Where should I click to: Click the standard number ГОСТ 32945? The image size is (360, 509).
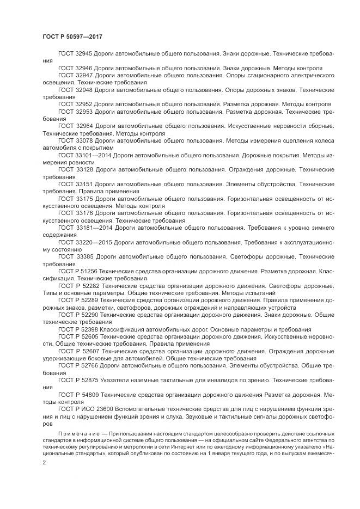76,55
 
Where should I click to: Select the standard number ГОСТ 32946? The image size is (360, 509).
76,68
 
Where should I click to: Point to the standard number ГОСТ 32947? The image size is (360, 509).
76,75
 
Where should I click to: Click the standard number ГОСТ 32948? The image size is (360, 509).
76,88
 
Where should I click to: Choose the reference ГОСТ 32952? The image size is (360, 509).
76,103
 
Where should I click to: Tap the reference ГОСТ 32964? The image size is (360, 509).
76,126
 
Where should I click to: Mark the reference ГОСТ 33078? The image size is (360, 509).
76,140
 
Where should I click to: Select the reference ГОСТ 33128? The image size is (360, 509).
76,170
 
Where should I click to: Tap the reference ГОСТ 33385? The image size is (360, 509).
76,256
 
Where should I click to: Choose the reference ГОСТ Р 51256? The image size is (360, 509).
78,271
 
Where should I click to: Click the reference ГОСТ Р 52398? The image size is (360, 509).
78,329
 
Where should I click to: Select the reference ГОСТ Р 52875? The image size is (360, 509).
78,380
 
